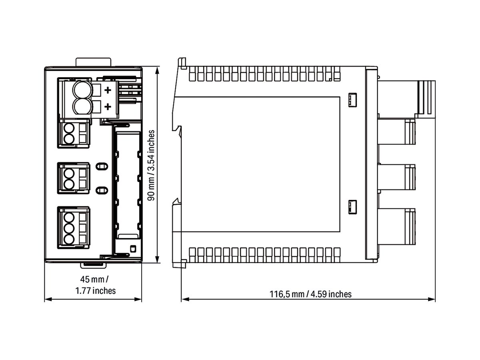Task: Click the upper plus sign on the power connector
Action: point(107,90)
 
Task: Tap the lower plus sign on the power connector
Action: point(107,106)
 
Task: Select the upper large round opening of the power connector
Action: point(82,90)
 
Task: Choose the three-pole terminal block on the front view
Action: point(73,228)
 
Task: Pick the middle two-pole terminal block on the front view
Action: point(73,178)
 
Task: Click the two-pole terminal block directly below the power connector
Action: point(73,134)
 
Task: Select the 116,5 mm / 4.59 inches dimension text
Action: point(310,294)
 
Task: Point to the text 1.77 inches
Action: point(96,290)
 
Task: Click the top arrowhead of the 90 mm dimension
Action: point(158,69)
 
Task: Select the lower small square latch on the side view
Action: point(352,206)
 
